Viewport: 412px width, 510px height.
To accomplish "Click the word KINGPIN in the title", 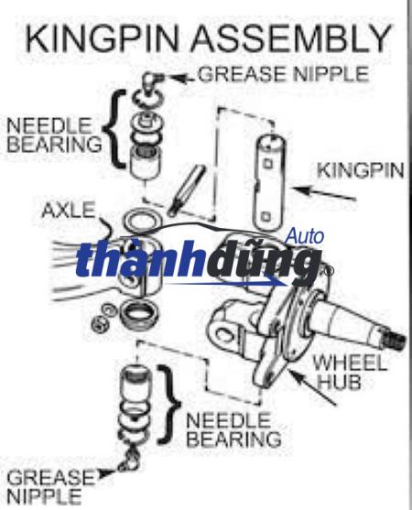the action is pos(102,38).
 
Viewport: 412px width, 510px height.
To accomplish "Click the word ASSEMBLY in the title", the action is pos(290,38).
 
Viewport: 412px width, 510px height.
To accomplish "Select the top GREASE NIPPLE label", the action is pos(283,74).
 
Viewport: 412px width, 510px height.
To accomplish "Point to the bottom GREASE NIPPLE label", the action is pos(50,487).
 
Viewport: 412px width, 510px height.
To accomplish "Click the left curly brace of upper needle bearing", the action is pos(114,129).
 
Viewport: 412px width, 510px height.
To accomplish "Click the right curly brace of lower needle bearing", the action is pos(168,405).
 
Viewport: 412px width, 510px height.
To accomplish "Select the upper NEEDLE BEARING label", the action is pos(54,135).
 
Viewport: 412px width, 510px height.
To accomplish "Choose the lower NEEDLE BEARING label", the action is pos(233,429).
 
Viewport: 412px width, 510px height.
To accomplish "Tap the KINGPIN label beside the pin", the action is pos(361,170).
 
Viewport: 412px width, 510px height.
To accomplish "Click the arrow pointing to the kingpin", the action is pos(324,193).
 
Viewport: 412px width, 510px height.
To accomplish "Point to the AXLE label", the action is pos(69,210).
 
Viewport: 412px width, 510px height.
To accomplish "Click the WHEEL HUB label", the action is pos(350,373).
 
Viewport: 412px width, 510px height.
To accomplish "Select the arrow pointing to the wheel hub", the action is pos(311,387).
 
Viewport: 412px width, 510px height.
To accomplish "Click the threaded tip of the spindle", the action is pos(395,340).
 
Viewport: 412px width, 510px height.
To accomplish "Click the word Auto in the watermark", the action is pos(305,236).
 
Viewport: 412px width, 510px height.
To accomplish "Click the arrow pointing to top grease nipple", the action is pos(182,79).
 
